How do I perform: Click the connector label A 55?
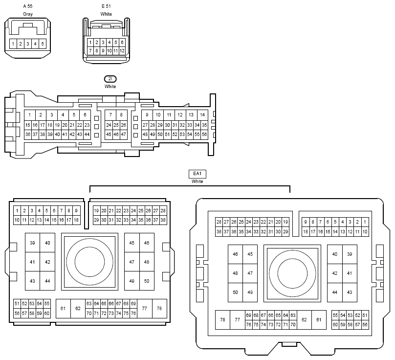[x=28, y=6]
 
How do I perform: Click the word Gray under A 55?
[x=28, y=14]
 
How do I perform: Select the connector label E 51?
[x=106, y=6]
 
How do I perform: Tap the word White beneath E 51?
[x=106, y=14]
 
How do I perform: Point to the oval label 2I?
[x=110, y=79]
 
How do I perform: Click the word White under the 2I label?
[x=110, y=87]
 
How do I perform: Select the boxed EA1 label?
[x=197, y=174]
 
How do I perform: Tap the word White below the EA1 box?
[x=197, y=181]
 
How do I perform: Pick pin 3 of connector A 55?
[x=28, y=44]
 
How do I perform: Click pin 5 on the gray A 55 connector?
[x=43, y=44]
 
